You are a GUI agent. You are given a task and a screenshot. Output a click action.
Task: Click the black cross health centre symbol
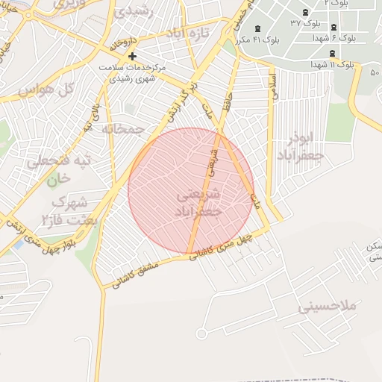pyautogui.click(x=132, y=56)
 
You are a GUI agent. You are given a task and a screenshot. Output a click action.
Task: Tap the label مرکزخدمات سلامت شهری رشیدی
pyautogui.click(x=133, y=72)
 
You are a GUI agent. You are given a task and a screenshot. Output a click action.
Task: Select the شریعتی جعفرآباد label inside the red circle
pyautogui.click(x=199, y=203)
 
